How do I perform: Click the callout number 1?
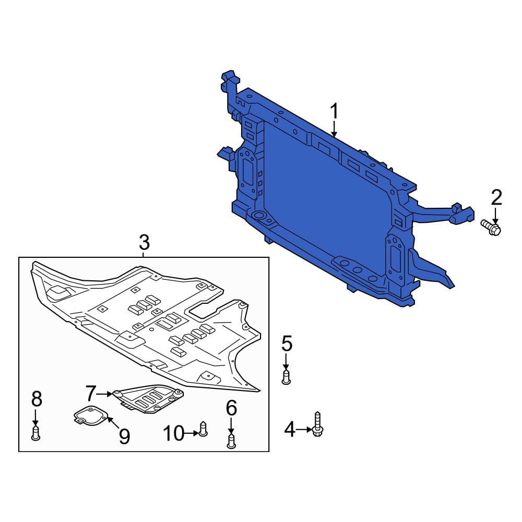coord(334,111)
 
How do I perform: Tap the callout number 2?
coord(496,197)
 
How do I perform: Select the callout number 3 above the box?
coord(144,242)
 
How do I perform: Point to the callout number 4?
coord(290,430)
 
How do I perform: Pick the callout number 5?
coord(287,343)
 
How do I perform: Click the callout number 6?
coord(231,407)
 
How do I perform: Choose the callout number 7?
coord(91,393)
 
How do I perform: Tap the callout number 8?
coord(36,399)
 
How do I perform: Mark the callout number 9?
coord(124,435)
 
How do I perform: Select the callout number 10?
coord(173,433)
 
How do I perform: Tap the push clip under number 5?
coord(286,377)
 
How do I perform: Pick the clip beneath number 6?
coord(231,441)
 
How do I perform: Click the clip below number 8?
coord(35,433)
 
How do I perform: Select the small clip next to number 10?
coord(203,429)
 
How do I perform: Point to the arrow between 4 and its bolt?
coord(304,430)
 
